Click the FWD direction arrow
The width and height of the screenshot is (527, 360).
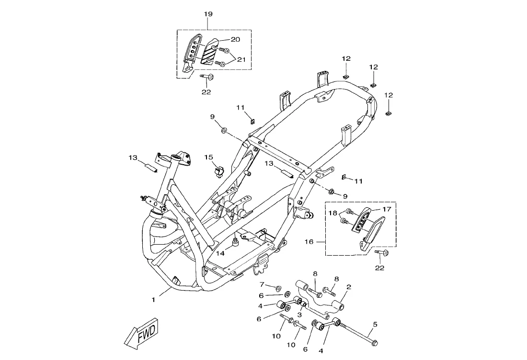(142, 332)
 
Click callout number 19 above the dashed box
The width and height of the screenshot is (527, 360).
(208, 14)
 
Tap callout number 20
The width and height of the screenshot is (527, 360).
(235, 39)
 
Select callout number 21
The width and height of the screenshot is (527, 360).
(241, 59)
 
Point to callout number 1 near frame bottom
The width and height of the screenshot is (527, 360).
(153, 300)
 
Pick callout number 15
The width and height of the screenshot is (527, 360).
(208, 157)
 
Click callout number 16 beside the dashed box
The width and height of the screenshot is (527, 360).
(309, 242)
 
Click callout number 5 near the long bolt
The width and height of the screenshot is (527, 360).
(375, 324)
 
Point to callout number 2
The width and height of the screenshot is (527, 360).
(349, 287)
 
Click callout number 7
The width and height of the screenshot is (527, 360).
(262, 284)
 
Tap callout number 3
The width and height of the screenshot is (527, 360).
(299, 315)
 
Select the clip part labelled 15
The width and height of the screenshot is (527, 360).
(219, 170)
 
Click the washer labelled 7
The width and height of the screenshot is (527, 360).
(278, 288)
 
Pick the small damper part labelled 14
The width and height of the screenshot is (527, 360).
(235, 242)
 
